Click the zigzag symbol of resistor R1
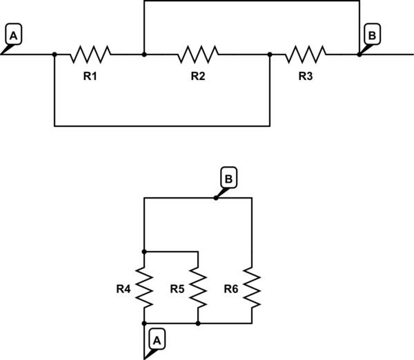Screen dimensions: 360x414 90,54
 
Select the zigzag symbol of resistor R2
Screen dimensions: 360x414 198,54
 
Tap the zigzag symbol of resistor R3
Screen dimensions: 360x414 306,54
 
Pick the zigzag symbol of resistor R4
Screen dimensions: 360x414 144,288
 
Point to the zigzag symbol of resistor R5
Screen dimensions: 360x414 198,288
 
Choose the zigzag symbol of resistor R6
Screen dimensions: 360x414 252,288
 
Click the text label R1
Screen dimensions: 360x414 90,76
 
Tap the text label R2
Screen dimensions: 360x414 198,76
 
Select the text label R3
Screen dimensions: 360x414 306,76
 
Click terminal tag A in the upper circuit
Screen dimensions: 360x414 13,34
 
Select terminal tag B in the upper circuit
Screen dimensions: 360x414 371,34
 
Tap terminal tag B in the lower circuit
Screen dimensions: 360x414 228,179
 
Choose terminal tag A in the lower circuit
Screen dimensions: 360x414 157,339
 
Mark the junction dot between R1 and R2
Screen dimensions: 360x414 144,54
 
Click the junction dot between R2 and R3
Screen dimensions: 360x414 270,54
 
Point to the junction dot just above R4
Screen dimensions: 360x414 144,252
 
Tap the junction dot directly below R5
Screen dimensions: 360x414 198,323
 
